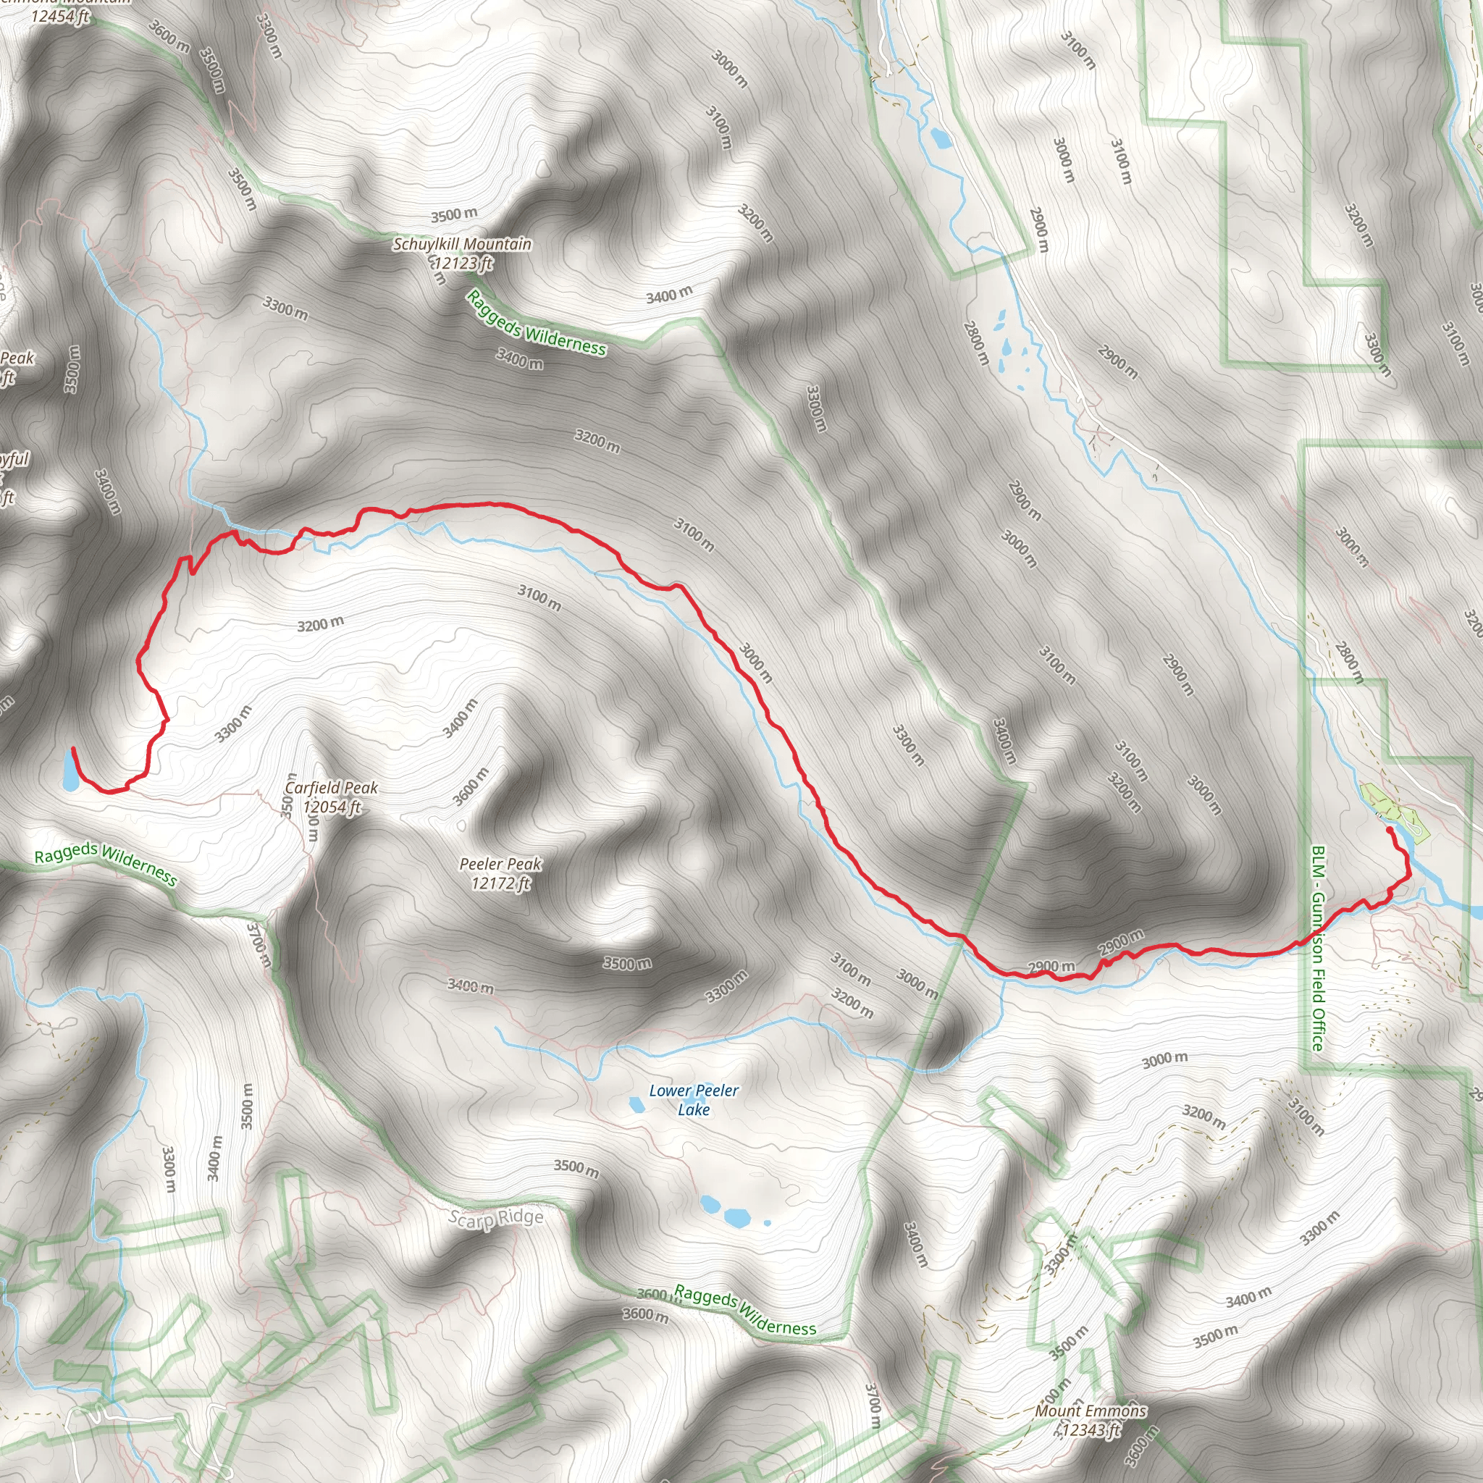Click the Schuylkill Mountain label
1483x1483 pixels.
tap(462, 244)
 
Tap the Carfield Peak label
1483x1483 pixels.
tap(331, 788)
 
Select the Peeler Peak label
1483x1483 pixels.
tap(500, 865)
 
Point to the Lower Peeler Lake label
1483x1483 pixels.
tap(694, 1100)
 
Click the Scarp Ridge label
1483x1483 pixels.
tap(496, 1218)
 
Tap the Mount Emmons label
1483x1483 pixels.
tap(1091, 1411)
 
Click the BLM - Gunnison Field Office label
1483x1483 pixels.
tap(1318, 949)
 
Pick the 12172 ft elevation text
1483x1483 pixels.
tap(500, 883)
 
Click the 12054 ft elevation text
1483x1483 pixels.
tap(332, 807)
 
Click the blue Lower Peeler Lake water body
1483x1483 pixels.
tap(637, 1104)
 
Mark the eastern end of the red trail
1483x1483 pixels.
tap(1390, 830)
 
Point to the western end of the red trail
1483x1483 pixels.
tap(73, 749)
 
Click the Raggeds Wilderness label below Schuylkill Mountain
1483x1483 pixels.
tap(537, 323)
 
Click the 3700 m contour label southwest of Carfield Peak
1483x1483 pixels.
tap(259, 946)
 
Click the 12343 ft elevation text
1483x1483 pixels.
tap(1090, 1429)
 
